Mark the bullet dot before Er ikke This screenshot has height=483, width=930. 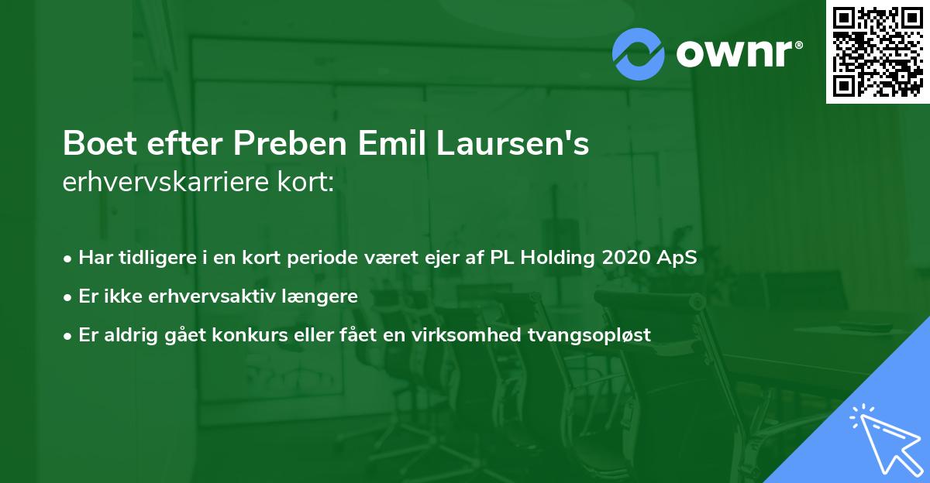(69, 296)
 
